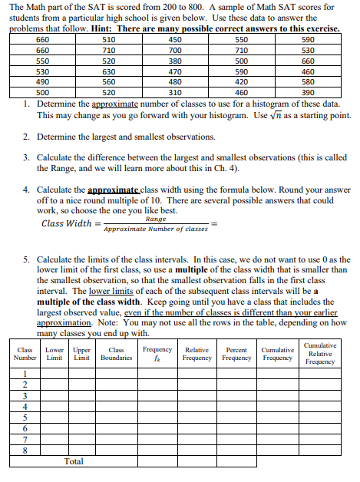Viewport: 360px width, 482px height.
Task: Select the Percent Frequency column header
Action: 237,354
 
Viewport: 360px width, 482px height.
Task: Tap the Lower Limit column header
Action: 54,354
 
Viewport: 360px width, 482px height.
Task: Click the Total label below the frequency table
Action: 74,461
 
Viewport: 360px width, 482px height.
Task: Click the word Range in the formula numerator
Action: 155,220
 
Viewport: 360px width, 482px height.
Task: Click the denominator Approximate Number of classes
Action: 155,229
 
